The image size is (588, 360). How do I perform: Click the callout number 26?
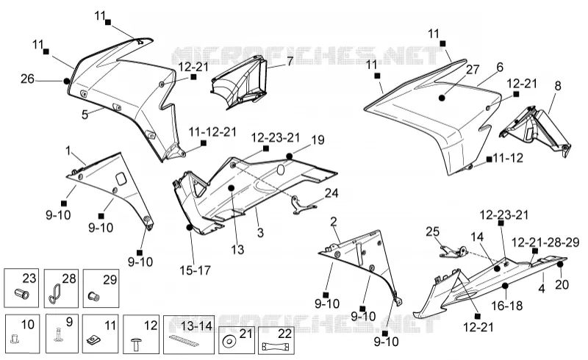coord(27,79)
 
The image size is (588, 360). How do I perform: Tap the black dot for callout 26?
coord(67,81)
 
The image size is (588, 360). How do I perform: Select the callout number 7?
coord(290,61)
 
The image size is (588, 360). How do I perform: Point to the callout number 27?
coord(473,69)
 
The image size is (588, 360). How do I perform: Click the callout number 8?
coord(558,86)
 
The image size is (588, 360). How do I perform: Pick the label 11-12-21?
coord(212,132)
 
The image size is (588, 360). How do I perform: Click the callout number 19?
coord(318,140)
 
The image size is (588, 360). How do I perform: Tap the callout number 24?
coord(331,193)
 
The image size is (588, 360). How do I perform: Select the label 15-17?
coord(195,270)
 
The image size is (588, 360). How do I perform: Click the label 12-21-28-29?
coord(545,242)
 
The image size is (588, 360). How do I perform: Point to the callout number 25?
coord(432,231)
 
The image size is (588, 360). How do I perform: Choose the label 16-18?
coord(507,306)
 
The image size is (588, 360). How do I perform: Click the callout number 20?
coord(562,284)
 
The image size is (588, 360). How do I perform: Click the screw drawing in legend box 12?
coord(135,345)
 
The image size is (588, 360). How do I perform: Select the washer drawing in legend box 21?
coord(228,342)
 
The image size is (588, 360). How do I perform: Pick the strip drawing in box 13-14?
coord(184,340)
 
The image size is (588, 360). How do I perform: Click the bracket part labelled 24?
coord(304,206)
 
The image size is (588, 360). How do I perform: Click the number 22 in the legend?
coord(285,333)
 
